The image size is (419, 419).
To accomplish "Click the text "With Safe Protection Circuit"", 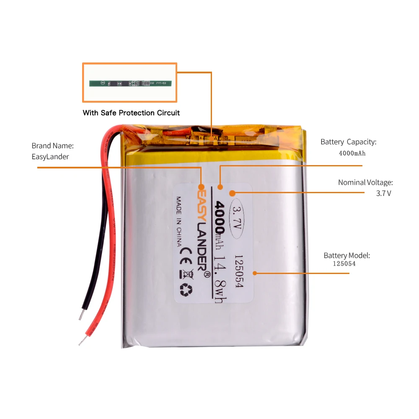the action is (x=131, y=113).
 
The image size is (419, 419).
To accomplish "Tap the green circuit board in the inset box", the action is (x=130, y=84).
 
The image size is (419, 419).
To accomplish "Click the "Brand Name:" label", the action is (x=53, y=146).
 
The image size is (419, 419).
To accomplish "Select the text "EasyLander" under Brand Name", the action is (x=50, y=157).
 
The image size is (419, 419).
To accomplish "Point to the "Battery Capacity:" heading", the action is (x=349, y=142).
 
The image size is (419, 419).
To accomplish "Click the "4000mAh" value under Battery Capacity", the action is (x=352, y=153).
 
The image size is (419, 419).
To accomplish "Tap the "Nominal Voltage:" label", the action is (x=365, y=183).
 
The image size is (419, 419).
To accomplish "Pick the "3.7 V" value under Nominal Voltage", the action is (x=383, y=194).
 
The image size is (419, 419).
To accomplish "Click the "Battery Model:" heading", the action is (x=347, y=255).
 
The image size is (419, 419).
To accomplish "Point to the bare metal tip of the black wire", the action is (x=80, y=315).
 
